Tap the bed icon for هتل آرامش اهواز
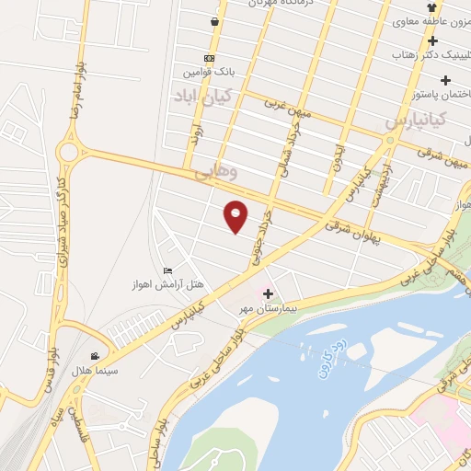167,270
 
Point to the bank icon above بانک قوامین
210,58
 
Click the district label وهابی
216,172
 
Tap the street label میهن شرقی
442,148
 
